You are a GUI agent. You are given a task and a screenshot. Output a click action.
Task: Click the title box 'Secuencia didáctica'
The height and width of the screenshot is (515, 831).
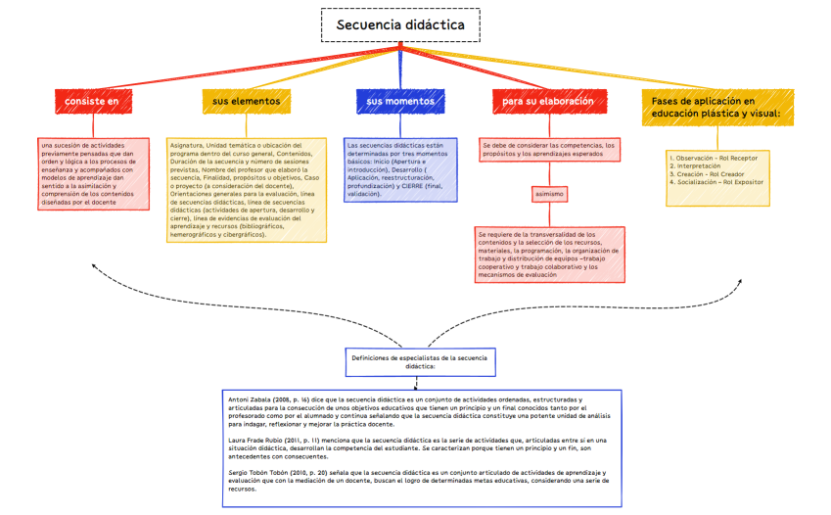tap(400, 25)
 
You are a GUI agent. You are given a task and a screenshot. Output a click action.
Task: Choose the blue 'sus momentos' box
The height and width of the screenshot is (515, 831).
tap(399, 101)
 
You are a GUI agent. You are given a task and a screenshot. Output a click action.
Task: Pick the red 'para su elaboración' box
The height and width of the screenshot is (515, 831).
tap(548, 101)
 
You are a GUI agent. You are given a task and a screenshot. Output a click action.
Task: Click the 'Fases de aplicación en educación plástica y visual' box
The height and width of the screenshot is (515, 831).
tap(716, 107)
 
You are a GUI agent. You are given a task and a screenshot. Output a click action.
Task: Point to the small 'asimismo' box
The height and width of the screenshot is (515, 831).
tap(550, 194)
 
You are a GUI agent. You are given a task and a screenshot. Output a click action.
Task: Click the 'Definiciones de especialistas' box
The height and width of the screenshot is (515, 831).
tap(419, 363)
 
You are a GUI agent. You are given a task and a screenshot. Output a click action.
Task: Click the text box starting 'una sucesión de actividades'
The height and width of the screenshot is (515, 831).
tap(93, 173)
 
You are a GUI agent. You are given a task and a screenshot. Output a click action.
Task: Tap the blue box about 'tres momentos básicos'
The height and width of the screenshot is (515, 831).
tap(399, 168)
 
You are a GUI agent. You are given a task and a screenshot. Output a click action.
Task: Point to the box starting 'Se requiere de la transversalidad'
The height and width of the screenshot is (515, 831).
tap(548, 255)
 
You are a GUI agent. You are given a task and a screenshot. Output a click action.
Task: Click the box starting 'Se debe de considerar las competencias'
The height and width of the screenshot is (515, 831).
tap(548, 150)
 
